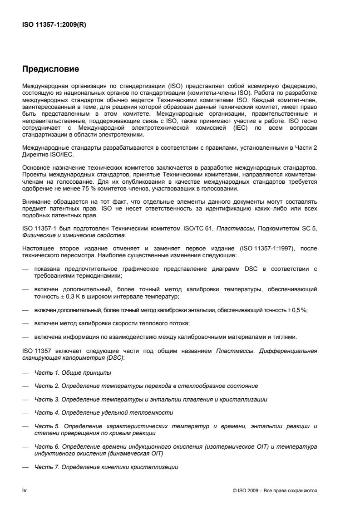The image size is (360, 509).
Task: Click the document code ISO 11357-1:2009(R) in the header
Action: click(x=54, y=25)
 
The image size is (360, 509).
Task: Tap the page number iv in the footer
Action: click(x=25, y=490)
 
